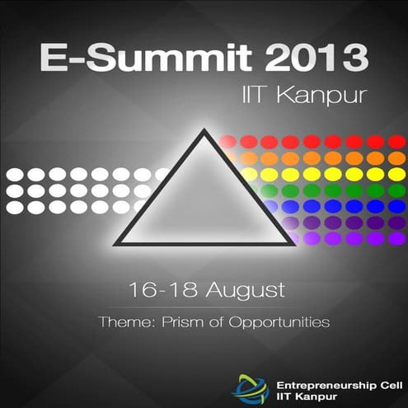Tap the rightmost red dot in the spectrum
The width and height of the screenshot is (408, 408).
point(396,142)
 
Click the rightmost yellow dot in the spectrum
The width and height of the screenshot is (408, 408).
point(396,174)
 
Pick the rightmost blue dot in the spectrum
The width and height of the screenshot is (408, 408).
point(396,206)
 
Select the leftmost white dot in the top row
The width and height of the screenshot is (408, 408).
point(15,175)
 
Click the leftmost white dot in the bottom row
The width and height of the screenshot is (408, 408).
point(15,207)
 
